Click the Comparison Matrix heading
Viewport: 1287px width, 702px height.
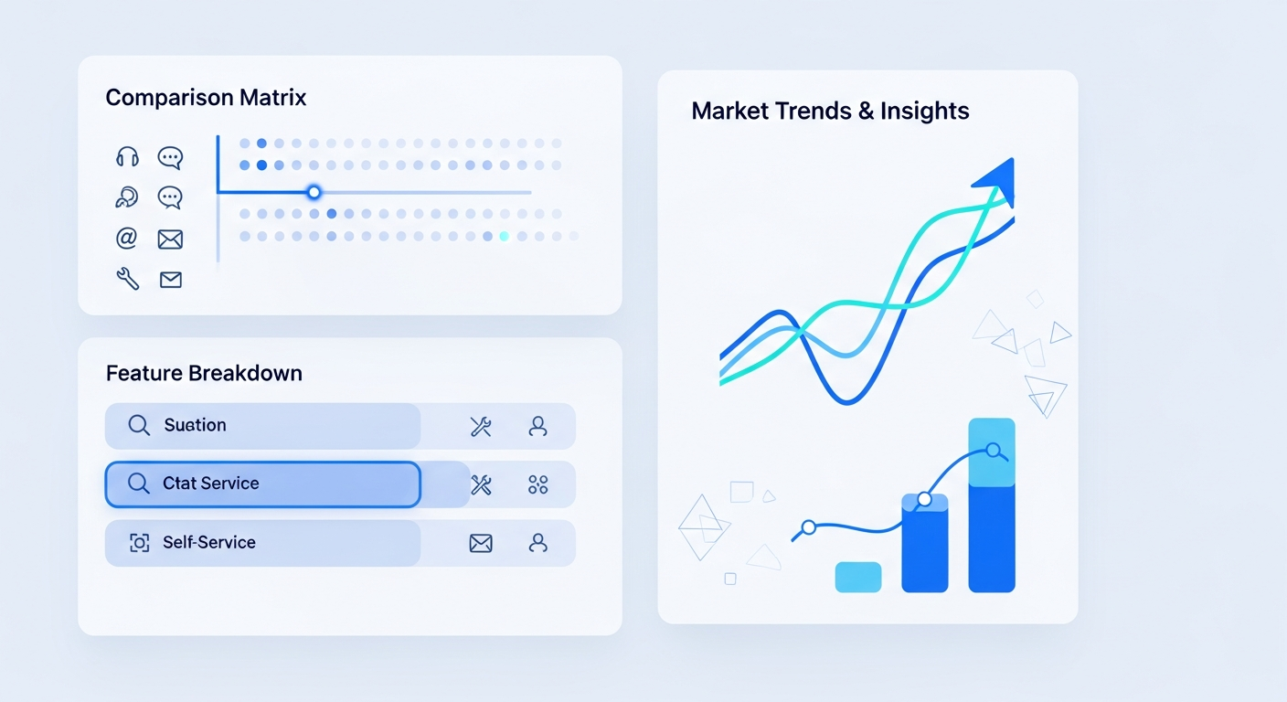206,98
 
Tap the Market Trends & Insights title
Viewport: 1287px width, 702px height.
830,111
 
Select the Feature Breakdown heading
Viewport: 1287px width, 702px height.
204,374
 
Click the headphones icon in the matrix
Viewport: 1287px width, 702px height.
127,157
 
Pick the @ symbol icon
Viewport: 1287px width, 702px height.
126,238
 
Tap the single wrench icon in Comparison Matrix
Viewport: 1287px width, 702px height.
128,279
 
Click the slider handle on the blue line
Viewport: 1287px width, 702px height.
314,192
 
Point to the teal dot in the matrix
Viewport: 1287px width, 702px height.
504,236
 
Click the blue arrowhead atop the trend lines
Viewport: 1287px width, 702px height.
997,179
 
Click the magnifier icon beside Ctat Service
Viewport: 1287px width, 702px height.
138,484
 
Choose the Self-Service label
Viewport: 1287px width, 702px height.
209,542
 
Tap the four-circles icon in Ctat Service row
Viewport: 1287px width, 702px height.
537,484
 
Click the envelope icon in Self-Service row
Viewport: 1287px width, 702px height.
481,543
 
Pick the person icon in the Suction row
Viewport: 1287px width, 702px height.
537,426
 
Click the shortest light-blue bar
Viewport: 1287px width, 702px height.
857,577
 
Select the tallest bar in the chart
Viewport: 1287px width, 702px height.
992,505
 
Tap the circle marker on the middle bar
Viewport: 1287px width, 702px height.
924,499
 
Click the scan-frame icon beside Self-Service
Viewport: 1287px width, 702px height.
140,543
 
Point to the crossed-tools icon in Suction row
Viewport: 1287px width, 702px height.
481,426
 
